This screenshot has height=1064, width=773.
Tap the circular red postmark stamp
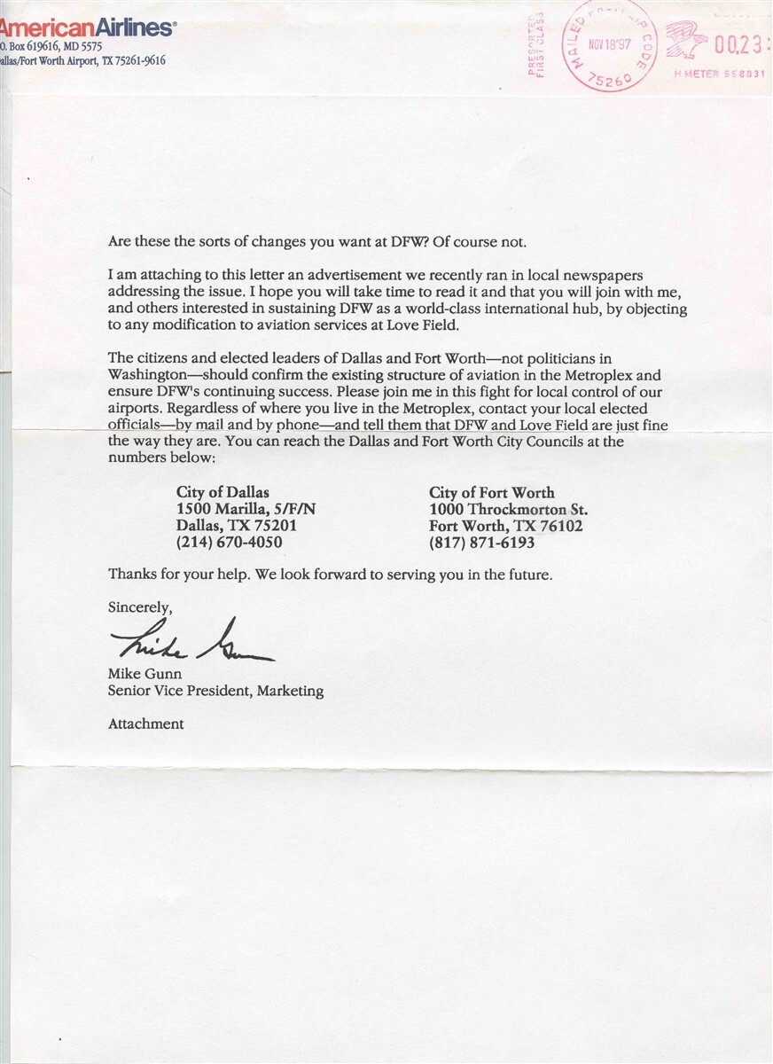tap(609, 44)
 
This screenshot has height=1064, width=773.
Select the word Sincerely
tap(140, 608)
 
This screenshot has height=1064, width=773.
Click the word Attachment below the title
tap(146, 724)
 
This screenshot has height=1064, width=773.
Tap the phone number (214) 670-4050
tap(230, 543)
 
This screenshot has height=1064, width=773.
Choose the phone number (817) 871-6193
tap(482, 543)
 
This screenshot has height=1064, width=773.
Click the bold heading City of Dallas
tap(223, 492)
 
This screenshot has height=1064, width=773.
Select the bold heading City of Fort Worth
tap(492, 492)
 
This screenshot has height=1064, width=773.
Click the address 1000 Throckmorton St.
tap(508, 509)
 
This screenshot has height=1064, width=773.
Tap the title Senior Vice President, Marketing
tap(215, 691)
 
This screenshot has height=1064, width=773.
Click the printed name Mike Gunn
tap(145, 674)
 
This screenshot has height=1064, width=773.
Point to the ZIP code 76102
tap(558, 526)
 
